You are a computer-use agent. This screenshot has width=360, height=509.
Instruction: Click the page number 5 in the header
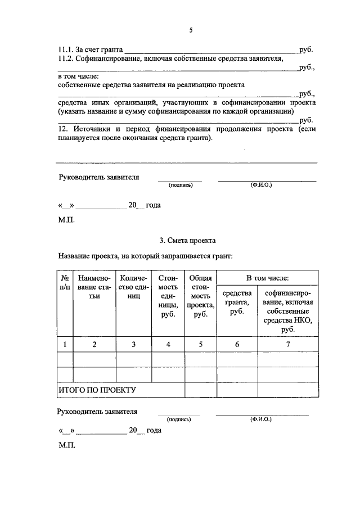(x=191, y=30)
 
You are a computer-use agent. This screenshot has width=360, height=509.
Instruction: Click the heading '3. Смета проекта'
(x=187, y=240)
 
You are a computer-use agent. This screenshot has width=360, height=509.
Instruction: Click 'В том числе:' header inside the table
(x=268, y=278)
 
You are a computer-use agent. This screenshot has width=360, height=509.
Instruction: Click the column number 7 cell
(x=287, y=345)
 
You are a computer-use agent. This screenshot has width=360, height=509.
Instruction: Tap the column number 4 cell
(x=168, y=345)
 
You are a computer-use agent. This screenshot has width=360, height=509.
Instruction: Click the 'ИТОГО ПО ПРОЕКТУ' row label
(x=97, y=389)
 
